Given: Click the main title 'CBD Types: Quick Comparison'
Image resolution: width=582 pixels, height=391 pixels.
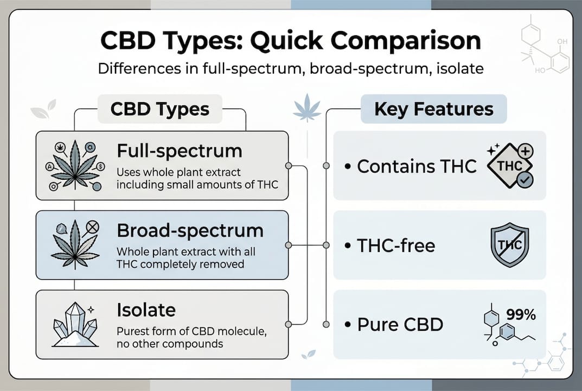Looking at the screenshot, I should pos(291,42).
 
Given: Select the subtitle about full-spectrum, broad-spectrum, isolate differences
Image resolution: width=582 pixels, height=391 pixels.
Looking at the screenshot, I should pos(291,70).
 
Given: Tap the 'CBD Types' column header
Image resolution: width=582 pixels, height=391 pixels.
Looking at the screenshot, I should pos(159,109).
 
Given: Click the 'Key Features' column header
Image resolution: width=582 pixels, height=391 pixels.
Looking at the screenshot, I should pos(433,109).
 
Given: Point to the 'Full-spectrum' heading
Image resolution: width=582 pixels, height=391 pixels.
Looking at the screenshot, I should pos(179,151).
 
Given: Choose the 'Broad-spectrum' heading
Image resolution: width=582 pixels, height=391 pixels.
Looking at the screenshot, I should pos(190,230).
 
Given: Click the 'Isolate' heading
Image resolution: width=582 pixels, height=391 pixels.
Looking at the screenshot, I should pos(146,310).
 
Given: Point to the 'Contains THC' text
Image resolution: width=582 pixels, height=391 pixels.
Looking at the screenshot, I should pos(417,166).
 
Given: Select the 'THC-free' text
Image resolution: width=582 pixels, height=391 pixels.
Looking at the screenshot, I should pos(395,245).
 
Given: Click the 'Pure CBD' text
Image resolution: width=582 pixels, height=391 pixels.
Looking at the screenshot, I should pos(400,325).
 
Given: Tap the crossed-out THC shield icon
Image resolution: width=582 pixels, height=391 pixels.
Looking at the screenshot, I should pos(509,245).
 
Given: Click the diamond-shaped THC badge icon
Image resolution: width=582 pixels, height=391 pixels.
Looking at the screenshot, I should pos(506,166).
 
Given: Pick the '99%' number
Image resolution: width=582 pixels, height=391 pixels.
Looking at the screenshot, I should pos(520,314).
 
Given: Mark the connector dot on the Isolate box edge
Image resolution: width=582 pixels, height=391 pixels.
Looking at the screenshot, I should pos(289,325).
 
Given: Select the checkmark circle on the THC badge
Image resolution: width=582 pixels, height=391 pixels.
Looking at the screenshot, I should pos(525,180).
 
